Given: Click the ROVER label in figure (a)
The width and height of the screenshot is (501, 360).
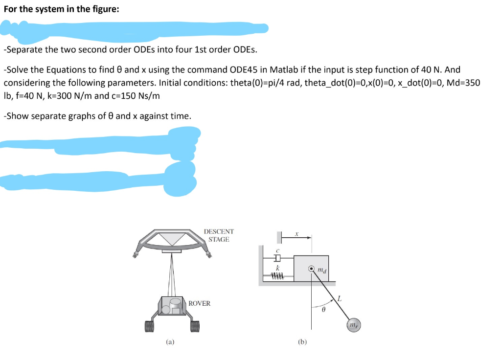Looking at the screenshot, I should (200, 303).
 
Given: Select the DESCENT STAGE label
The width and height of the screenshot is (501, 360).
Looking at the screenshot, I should (219, 235).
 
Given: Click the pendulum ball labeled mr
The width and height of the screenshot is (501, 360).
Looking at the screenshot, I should (353, 325).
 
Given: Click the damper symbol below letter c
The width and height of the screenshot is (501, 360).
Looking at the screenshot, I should (277, 258).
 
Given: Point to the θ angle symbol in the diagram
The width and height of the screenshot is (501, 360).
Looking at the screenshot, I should (323, 310).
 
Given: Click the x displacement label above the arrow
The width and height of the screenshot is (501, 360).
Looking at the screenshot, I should (297, 234).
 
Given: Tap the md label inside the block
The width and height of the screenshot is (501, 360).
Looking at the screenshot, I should (321, 269).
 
